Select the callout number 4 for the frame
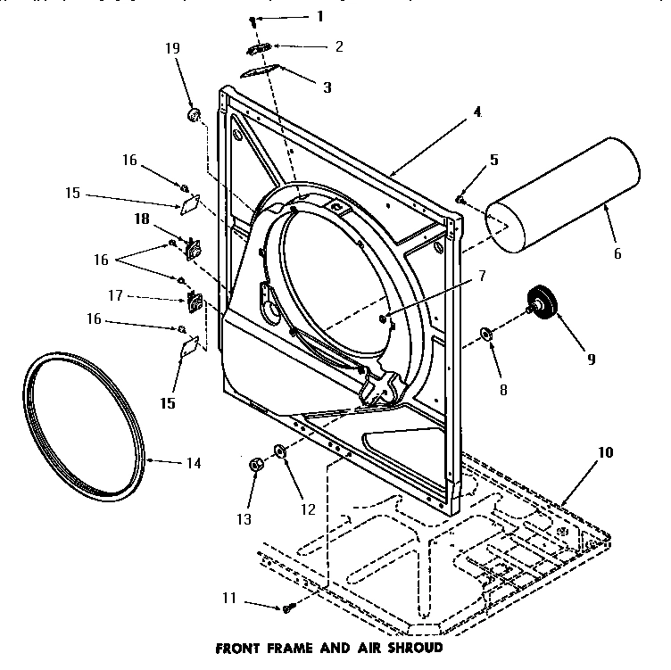(x=477, y=112)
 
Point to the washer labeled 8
(x=487, y=334)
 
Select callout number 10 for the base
(x=605, y=452)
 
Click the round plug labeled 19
(x=194, y=115)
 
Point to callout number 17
(x=141, y=296)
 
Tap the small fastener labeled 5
(x=460, y=200)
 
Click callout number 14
(x=192, y=463)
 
